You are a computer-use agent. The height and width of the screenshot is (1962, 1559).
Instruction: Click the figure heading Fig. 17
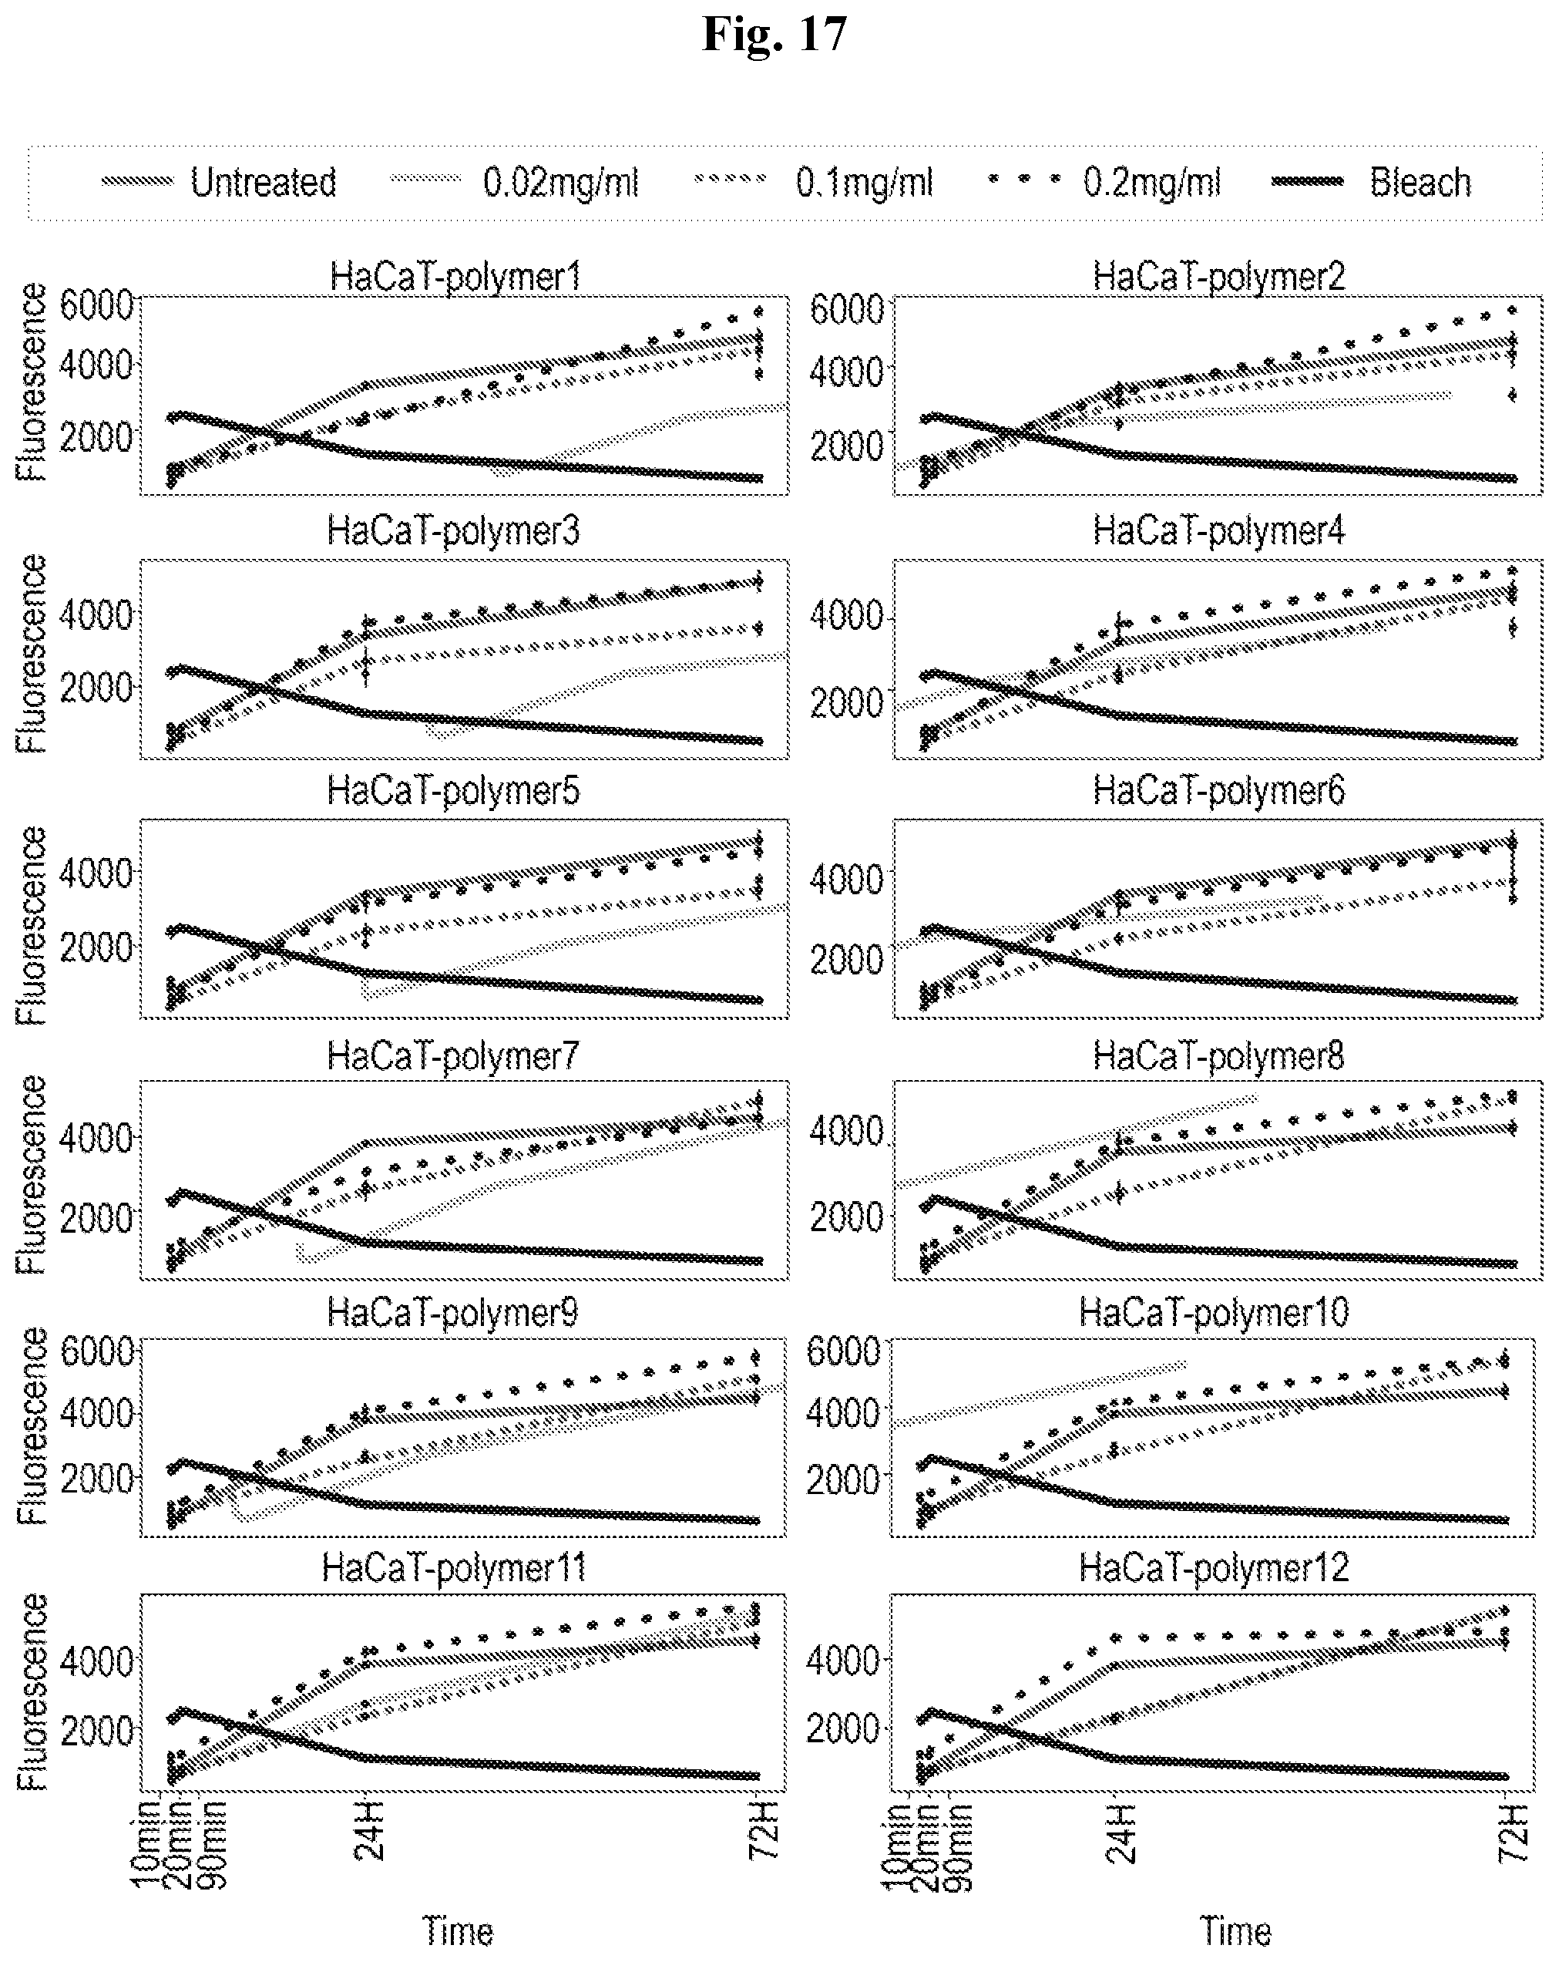[775, 35]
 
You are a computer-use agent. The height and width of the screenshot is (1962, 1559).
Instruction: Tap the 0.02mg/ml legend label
[560, 183]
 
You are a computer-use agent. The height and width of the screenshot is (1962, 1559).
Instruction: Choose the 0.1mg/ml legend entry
[864, 183]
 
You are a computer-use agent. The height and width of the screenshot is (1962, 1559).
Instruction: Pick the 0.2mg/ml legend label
[1151, 183]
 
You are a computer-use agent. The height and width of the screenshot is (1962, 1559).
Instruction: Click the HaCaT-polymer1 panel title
[455, 277]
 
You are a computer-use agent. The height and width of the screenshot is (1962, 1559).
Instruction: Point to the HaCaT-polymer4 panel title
[1219, 531]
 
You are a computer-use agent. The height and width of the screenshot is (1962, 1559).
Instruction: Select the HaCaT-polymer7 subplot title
[453, 1056]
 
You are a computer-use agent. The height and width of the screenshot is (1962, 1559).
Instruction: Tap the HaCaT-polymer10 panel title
[1213, 1313]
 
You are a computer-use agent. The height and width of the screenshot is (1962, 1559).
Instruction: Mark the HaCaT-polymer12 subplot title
[1213, 1568]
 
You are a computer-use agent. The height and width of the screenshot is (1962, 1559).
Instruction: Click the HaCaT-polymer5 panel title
[453, 791]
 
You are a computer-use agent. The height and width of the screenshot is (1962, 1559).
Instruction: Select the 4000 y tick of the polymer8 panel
[846, 1132]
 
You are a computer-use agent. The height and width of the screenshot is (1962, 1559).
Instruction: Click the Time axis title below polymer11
[458, 1931]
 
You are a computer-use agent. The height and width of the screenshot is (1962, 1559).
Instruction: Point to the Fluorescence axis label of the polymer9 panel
[32, 1426]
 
